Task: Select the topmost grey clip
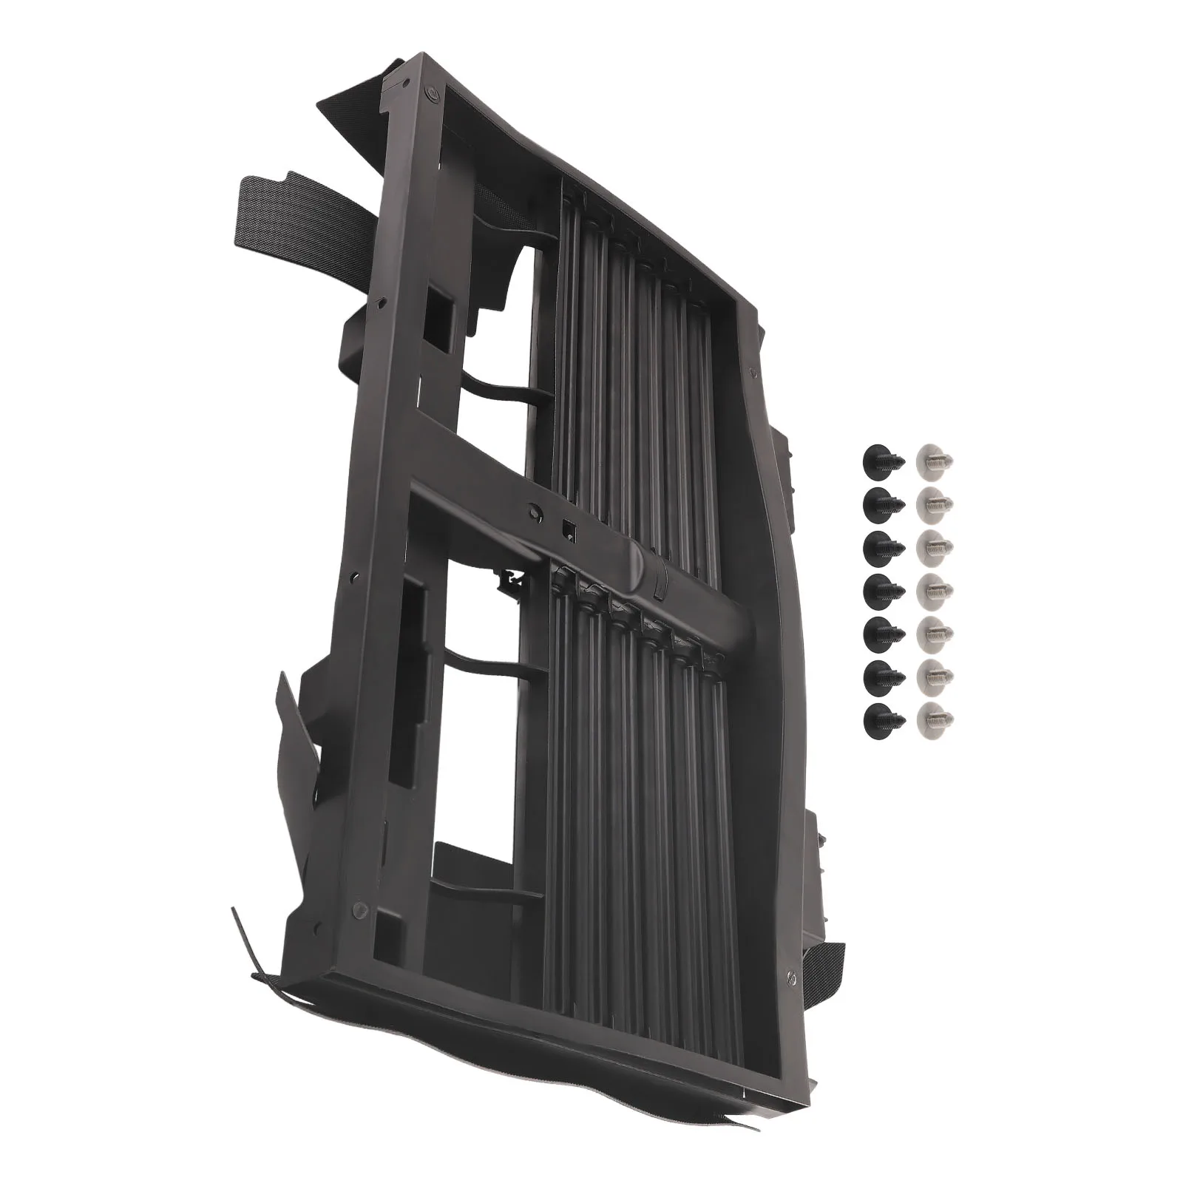[x=935, y=461]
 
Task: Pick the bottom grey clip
[x=935, y=716]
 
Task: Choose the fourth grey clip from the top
[x=935, y=589]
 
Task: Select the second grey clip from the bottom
[x=935, y=673]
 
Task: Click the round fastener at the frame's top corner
[x=431, y=94]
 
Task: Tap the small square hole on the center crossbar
[x=569, y=526]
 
